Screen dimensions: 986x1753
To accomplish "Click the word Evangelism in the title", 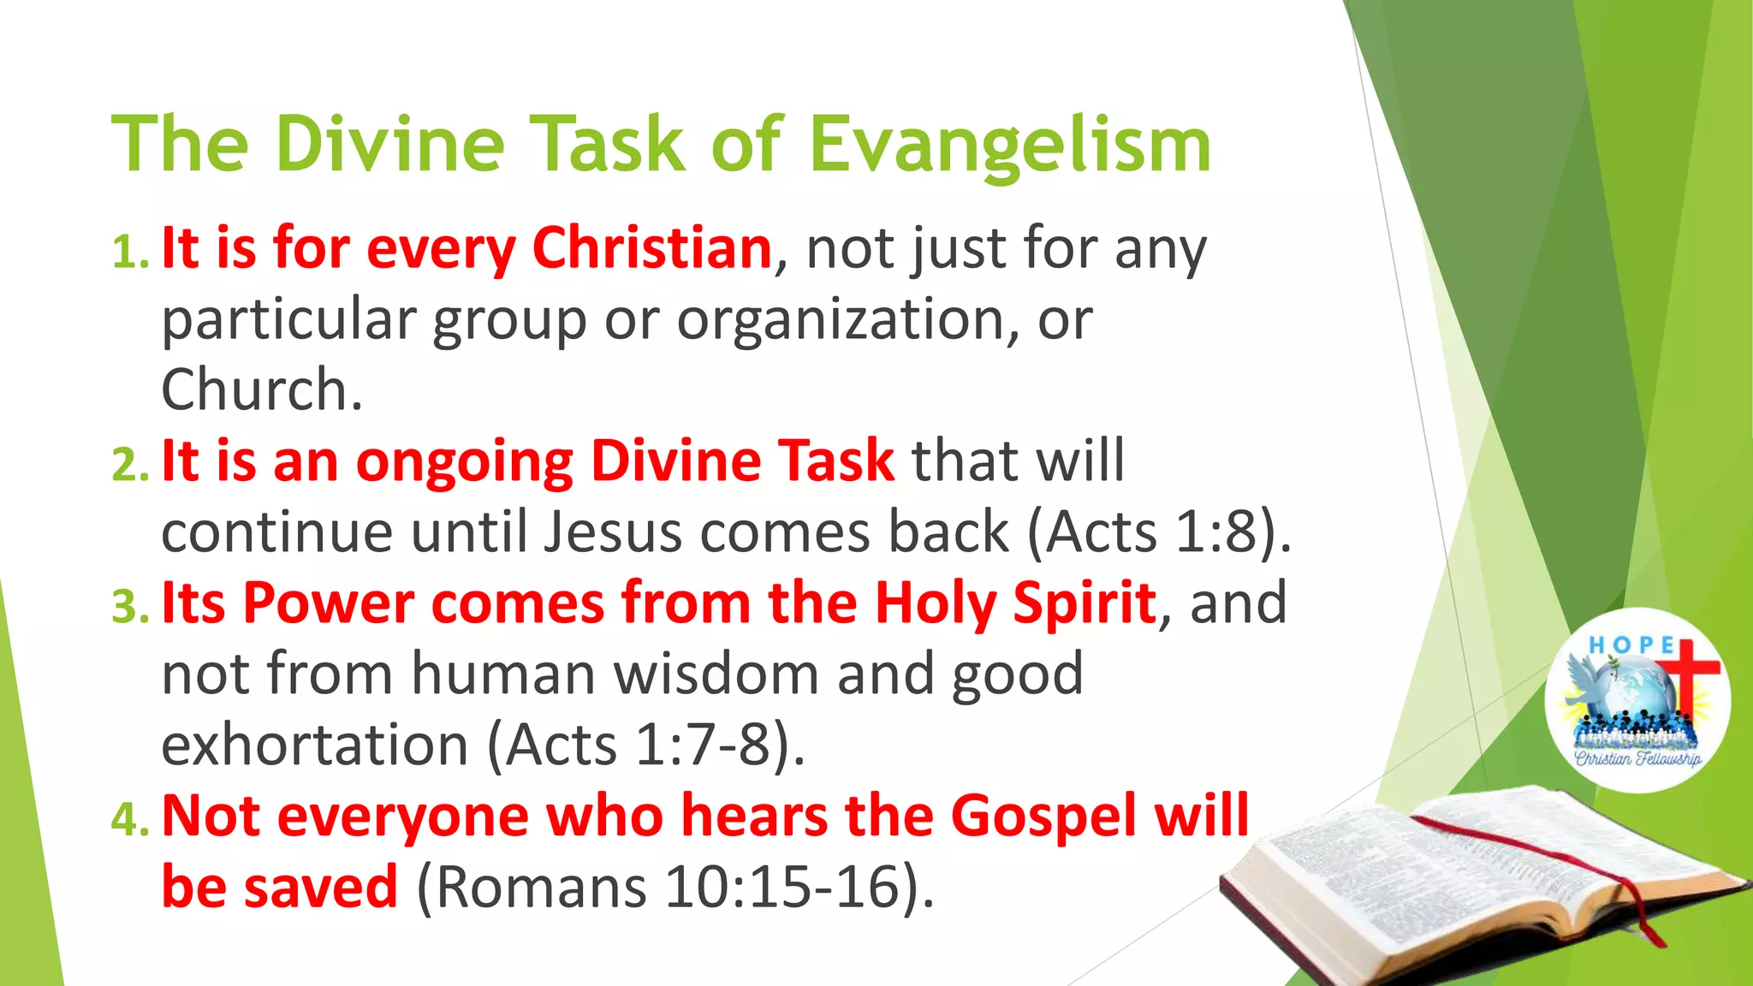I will [1010, 146].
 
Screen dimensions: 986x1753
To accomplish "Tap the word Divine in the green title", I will [390, 144].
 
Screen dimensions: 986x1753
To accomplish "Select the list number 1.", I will [129, 252].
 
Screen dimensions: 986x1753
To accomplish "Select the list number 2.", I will [129, 465].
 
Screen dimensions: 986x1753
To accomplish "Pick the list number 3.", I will [129, 607].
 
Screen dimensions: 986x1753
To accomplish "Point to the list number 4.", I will [129, 819].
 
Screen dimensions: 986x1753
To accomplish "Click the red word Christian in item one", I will [652, 248].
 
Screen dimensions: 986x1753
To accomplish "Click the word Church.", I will [261, 390].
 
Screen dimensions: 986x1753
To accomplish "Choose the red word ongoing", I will [464, 462].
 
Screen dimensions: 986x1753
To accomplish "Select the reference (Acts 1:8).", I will [1157, 532].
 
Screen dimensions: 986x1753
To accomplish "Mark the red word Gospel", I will [1043, 815].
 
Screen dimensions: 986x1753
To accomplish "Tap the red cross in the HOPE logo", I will [1685, 672].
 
